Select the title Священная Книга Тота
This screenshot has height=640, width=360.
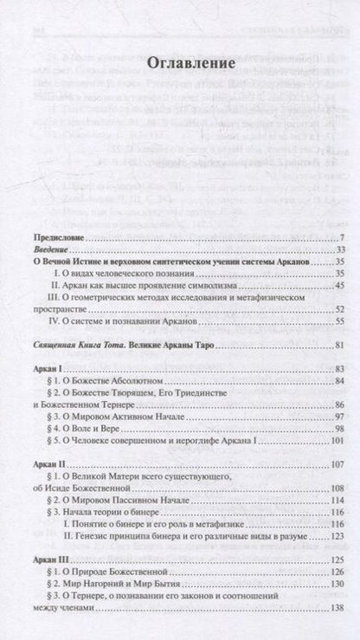(89, 348)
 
